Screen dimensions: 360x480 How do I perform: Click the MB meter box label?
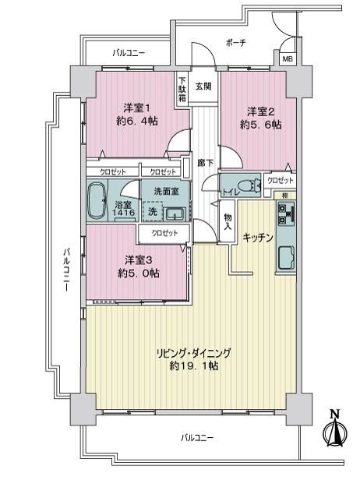[x=288, y=59]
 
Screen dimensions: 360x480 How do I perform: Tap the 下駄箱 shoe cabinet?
[x=182, y=89]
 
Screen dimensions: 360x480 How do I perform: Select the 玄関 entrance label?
[x=203, y=86]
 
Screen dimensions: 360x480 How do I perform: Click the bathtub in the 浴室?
[x=97, y=200]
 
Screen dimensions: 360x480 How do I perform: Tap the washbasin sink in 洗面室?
[x=175, y=214]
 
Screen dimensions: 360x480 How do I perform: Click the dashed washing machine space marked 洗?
[x=153, y=211]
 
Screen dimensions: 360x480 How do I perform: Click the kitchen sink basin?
[x=286, y=258]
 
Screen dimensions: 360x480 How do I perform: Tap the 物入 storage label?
[x=228, y=221]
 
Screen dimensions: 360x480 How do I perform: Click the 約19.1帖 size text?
[x=194, y=365]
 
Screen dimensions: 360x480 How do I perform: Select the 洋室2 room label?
[x=260, y=111]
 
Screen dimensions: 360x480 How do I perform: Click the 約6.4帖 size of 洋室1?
[x=137, y=122]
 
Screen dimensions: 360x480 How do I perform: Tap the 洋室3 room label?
[x=139, y=260]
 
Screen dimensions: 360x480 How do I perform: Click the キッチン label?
[x=258, y=238]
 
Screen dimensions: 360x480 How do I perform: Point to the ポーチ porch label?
[x=236, y=43]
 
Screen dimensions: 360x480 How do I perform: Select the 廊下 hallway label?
[x=206, y=163]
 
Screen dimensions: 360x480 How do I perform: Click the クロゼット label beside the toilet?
[x=280, y=180]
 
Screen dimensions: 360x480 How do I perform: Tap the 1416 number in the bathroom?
[x=123, y=212]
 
